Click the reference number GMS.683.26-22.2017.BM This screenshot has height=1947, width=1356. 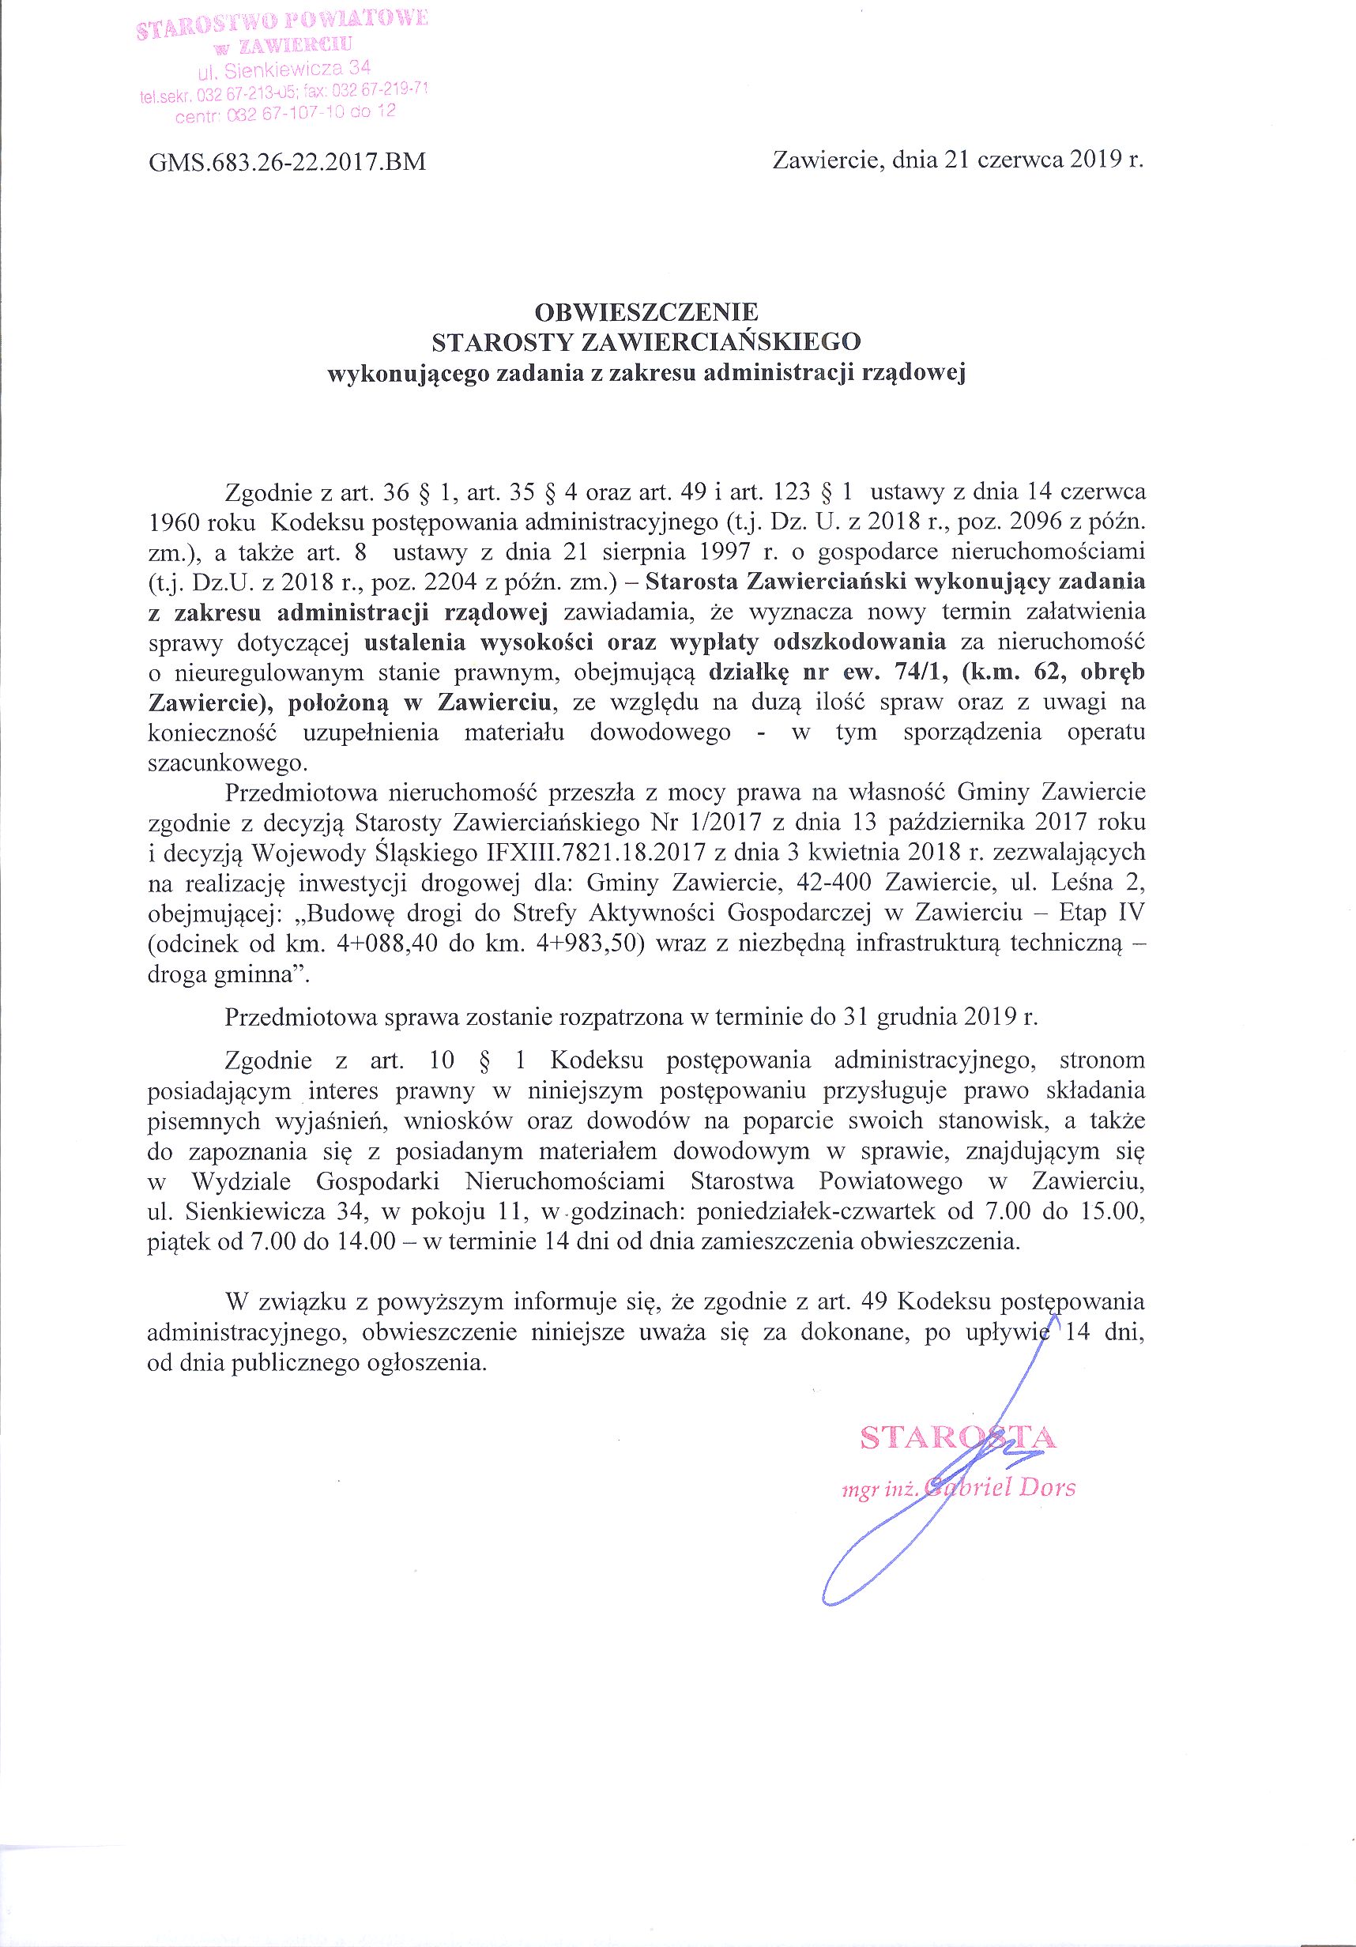coord(287,162)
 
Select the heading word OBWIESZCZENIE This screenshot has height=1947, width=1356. coord(646,312)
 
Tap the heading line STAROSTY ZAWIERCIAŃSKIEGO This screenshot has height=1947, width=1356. coord(646,343)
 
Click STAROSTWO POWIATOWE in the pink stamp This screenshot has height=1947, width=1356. coord(281,21)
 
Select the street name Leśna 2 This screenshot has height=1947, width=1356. coord(1099,882)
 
